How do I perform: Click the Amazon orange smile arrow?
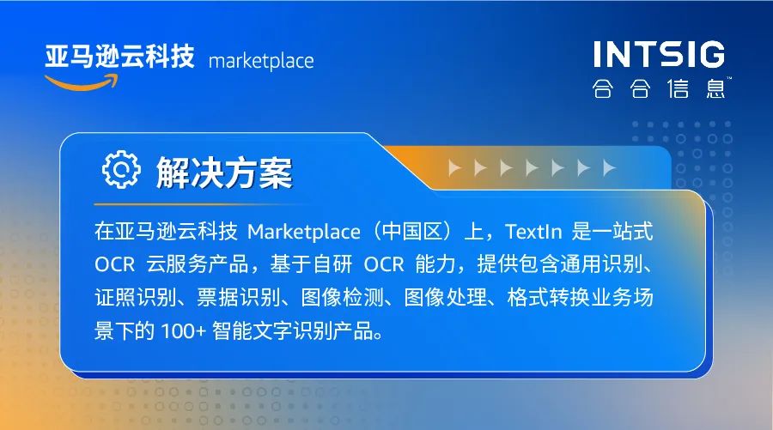tap(82, 83)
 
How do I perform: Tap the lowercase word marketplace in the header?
tap(261, 62)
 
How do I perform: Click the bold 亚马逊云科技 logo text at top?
tap(119, 56)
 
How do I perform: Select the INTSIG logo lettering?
tap(659, 54)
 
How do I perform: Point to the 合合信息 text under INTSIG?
tap(659, 88)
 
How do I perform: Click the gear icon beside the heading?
tap(121, 169)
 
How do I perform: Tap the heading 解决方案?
tap(224, 173)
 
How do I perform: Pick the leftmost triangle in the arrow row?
tap(454, 168)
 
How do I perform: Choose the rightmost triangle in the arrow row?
tap(609, 168)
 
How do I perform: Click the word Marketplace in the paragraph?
tap(304, 232)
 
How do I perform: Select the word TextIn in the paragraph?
tap(533, 232)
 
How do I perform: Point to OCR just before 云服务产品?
tap(115, 265)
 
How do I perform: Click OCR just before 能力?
tap(384, 265)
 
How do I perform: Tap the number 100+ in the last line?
tap(183, 331)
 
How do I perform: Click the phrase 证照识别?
tap(136, 298)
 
